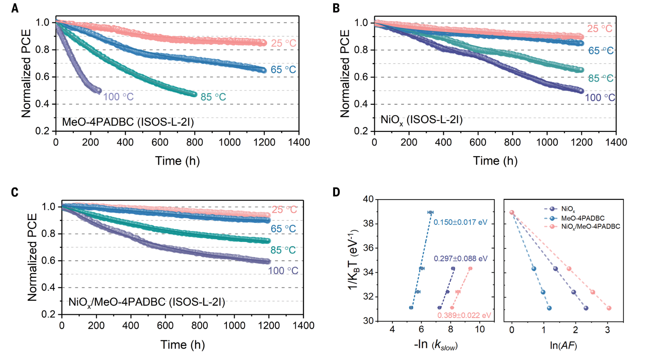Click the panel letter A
coord(15,8)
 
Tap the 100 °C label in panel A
coord(118,97)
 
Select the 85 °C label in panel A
coord(213,97)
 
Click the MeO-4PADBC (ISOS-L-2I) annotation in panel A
coord(128,122)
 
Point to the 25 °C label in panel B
coord(599,29)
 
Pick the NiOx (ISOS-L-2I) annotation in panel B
coord(421,120)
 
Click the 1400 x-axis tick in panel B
coord(616,142)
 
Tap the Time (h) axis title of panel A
coord(177,161)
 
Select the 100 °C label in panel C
coord(283,271)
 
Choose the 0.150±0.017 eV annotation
coord(460,223)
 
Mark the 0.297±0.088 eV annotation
coord(460,259)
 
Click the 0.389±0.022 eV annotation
coord(464,315)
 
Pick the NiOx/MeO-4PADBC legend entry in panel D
coord(590,227)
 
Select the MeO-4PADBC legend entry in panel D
coord(583,218)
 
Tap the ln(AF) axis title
coord(563,345)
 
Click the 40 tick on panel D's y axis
coord(368,199)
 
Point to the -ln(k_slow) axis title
coord(436,345)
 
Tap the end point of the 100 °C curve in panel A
coord(99,91)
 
